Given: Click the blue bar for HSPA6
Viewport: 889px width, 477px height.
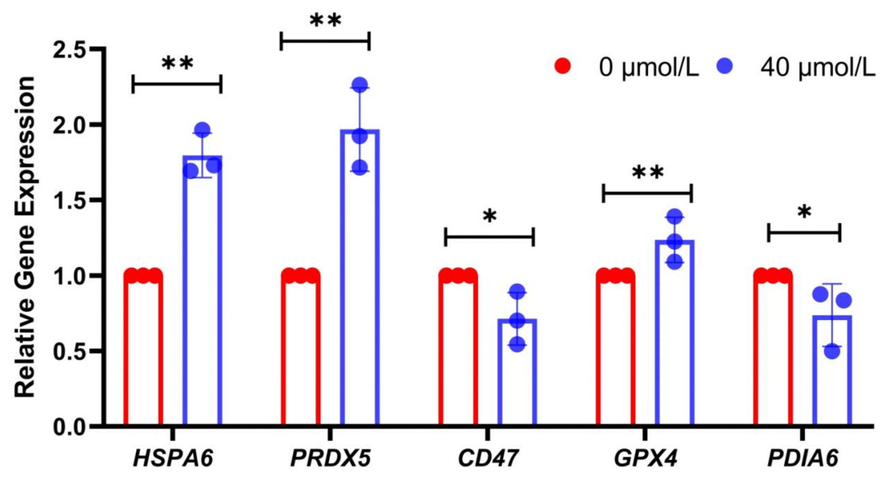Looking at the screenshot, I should tap(202, 292).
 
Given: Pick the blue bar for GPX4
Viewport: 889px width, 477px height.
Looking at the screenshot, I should tap(675, 334).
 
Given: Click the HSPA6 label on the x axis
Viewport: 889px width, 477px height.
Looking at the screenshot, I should tap(173, 458).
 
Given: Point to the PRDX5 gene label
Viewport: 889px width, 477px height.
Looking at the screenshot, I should tap(330, 458).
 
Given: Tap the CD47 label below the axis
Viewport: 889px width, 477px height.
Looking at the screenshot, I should tap(488, 458).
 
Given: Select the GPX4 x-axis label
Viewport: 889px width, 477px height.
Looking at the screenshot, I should tap(646, 458).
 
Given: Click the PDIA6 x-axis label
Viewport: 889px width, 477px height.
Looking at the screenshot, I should tap(803, 458).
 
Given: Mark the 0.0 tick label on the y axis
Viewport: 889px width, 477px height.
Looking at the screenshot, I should tap(72, 427).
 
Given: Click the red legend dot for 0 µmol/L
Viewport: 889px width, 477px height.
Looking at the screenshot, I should tap(562, 67).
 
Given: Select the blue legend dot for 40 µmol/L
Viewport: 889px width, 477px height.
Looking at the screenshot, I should tap(725, 67).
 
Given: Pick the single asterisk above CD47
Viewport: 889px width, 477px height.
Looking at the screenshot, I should tap(489, 216).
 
